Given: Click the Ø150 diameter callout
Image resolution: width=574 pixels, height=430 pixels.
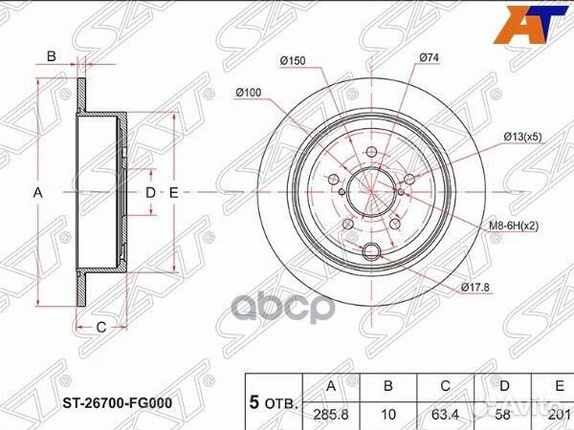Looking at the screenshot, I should (292, 61).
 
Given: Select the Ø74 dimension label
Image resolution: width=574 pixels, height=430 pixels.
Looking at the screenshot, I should (428, 59).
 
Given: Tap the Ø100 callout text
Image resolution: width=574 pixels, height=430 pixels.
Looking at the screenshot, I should (247, 92).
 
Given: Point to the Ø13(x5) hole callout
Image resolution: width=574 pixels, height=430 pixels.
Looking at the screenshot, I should (525, 138).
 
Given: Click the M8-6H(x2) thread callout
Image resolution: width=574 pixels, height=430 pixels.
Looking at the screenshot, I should (519, 226).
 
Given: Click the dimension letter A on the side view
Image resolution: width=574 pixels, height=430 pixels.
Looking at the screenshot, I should (38, 192).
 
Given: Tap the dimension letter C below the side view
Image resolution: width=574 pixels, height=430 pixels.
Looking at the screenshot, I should (99, 328).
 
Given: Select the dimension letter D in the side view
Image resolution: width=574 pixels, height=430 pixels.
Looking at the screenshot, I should (150, 192).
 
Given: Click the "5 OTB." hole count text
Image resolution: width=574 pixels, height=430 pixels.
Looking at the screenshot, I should (275, 402).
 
